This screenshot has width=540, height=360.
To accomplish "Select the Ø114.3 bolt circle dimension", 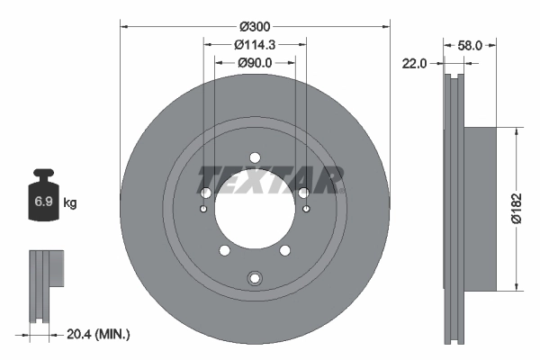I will pos(255,44).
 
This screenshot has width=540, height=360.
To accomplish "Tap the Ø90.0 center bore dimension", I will pos(255,62).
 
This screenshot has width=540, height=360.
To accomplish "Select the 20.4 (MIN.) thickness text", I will pos(100,334).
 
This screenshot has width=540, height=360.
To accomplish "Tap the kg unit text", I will pos(70,203).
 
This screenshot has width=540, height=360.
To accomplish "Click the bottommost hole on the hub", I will pos(255,277).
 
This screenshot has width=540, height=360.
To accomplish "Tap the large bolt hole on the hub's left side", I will pos(205,193).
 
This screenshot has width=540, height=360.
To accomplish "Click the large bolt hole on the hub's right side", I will pos(304,193).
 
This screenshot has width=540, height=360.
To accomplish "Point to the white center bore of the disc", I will pos(255,216).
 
